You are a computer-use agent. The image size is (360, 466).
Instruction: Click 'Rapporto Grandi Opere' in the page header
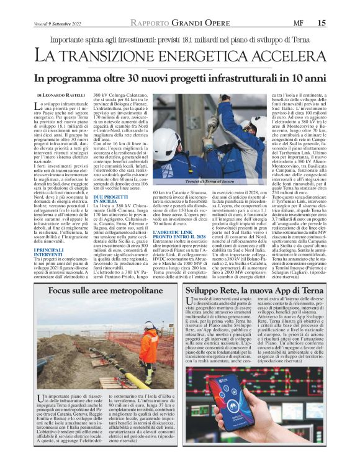179,23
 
